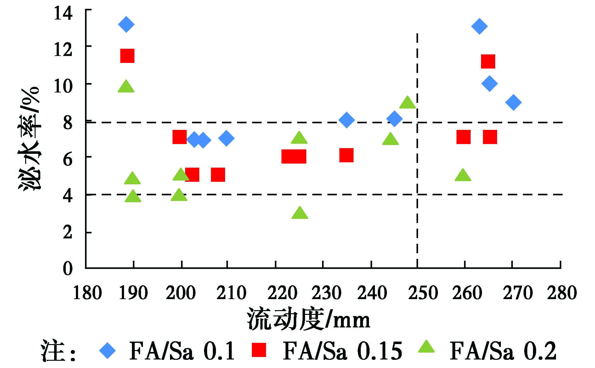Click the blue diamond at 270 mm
[513, 103]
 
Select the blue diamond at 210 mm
[226, 138]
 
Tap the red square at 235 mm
[346, 155]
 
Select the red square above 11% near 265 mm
[488, 61]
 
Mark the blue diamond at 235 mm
[347, 120]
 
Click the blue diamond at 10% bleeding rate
[489, 84]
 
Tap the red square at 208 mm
[218, 175]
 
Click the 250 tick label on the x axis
[423, 293]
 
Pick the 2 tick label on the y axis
[67, 233]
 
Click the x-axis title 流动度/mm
[308, 319]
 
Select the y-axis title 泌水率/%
[29, 138]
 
